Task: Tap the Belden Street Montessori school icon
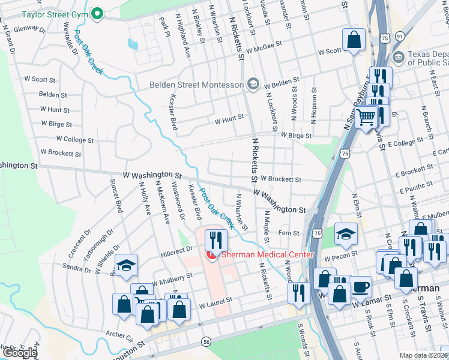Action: [253, 83]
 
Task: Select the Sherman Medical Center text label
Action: [267, 255]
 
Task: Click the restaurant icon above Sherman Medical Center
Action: [214, 241]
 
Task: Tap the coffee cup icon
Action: [361, 287]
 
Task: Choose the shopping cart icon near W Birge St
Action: [365, 117]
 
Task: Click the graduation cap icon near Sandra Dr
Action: [127, 266]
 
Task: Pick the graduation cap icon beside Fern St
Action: [346, 234]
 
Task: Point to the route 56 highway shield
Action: [206, 340]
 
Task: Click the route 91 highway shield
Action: [399, 37]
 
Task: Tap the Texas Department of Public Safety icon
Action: [397, 57]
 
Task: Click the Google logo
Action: [20, 353]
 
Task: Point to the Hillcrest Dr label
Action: [176, 251]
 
